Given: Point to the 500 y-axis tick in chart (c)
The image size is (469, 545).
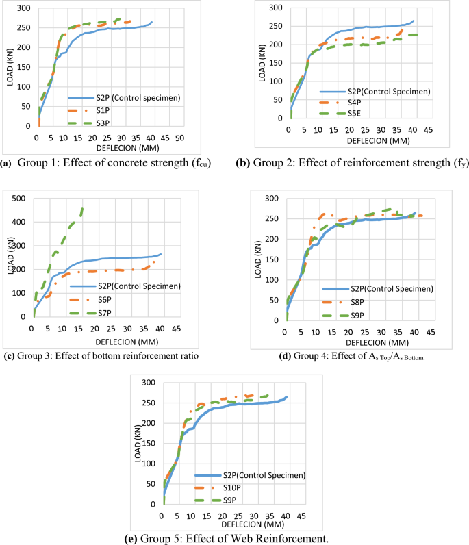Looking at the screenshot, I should tap(20, 199).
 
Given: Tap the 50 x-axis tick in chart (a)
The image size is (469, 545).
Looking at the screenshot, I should tap(179, 138).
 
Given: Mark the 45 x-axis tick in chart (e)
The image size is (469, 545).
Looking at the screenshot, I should tap(303, 515).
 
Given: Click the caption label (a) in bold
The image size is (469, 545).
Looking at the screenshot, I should tap(7, 163).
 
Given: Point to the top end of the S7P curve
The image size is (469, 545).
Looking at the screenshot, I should tap(83, 208).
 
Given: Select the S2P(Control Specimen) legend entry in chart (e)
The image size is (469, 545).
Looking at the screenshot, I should tap(263, 474).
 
